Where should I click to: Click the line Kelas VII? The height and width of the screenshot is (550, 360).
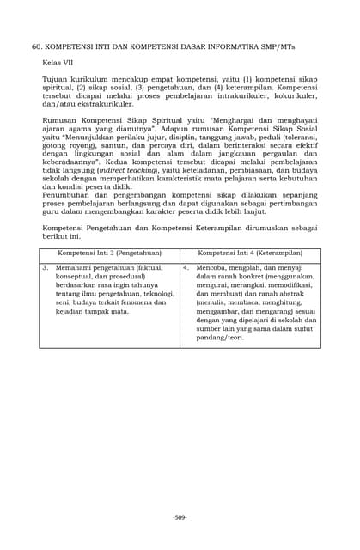(58, 64)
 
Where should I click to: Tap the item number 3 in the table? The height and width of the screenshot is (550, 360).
(45, 268)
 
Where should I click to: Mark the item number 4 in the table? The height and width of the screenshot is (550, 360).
(186, 268)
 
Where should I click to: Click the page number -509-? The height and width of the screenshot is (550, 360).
(180, 516)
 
